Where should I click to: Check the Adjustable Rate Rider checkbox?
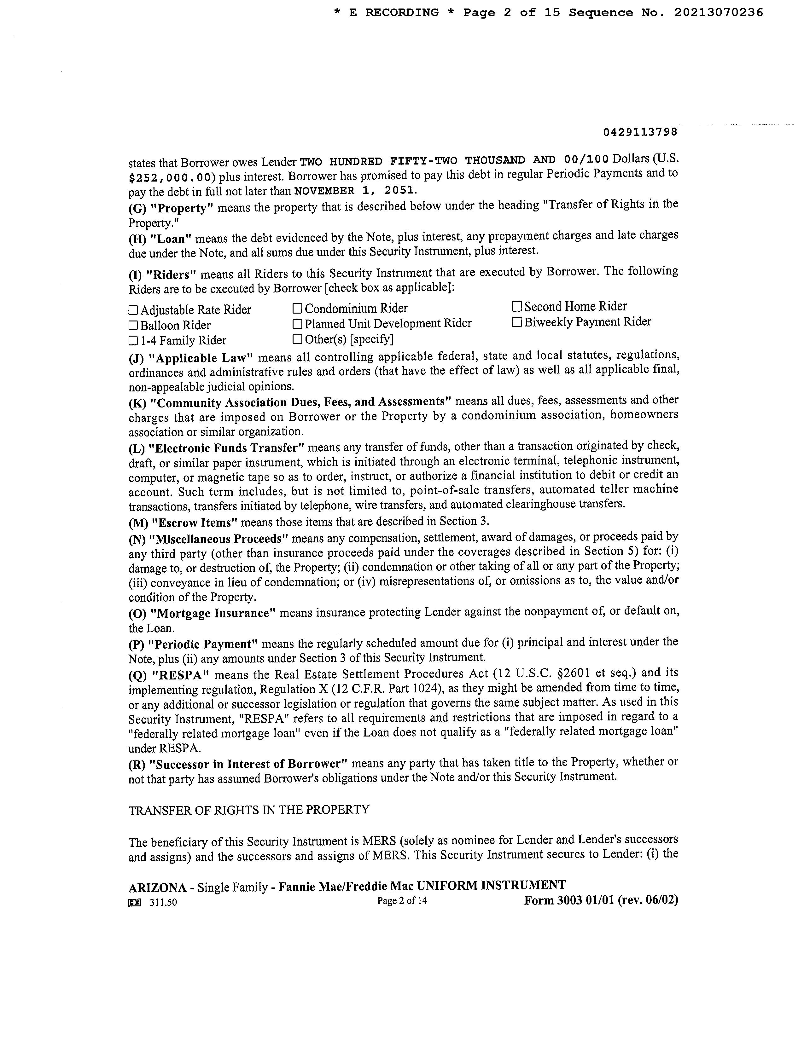coord(133,310)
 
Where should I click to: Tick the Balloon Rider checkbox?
coord(133,326)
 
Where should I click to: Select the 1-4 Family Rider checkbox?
coord(133,341)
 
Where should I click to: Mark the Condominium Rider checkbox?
coord(297,309)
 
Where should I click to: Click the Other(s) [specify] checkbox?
coord(297,339)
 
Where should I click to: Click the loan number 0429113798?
coord(640,132)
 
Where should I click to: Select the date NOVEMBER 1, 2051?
coord(355,191)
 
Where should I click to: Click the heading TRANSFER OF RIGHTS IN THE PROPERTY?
coord(249,810)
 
